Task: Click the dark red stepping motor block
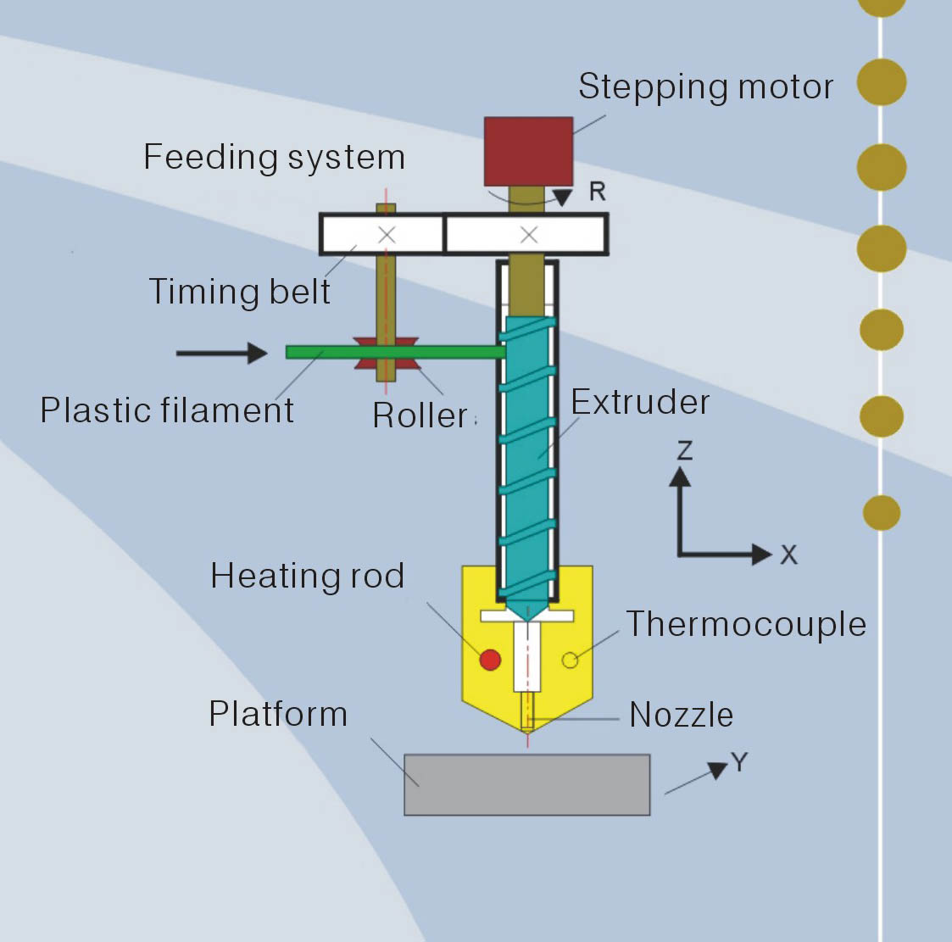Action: pos(528,152)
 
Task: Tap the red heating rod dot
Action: pos(491,660)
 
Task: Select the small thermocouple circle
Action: pos(571,661)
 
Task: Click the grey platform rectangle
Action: pos(527,784)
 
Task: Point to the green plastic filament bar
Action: pos(395,352)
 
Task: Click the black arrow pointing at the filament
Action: pos(221,353)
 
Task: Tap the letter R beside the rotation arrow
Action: pos(598,192)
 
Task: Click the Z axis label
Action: pos(685,451)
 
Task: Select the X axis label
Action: pos(788,555)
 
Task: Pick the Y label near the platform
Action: pos(739,761)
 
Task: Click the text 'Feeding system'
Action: pos(275,158)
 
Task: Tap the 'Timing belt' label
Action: pos(240,291)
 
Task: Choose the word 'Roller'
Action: pos(420,415)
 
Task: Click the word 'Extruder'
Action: pos(641,402)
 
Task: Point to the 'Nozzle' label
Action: pos(682,715)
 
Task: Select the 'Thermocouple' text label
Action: pos(746,624)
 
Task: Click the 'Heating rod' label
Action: pos(307,576)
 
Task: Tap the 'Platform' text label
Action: pos(278,714)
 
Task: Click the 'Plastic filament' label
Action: pos(167,410)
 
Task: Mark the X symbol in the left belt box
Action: pos(387,234)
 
